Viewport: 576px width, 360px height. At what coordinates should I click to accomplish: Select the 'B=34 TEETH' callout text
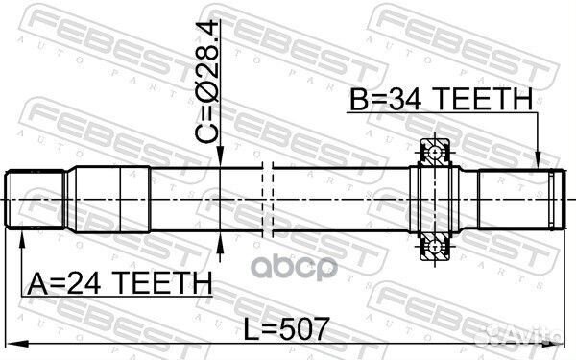point(440,99)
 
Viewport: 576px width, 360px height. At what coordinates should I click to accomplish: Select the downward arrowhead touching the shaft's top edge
point(222,163)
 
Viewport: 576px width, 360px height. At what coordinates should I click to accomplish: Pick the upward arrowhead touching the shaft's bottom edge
point(222,236)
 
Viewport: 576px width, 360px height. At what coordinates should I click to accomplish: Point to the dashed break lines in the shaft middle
point(268,199)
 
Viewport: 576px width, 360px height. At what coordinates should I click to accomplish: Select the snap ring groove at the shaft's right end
point(554,199)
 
